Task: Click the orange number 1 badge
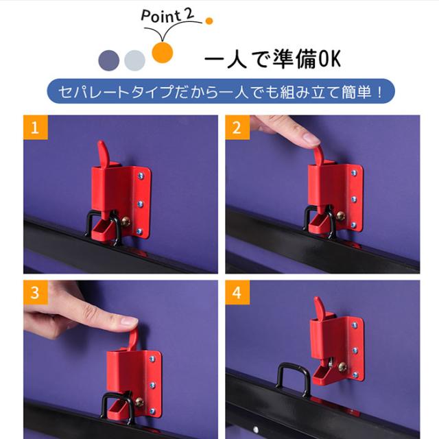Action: pyautogui.click(x=36, y=128)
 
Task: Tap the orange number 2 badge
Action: pyautogui.click(x=237, y=128)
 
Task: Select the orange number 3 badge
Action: pyautogui.click(x=36, y=292)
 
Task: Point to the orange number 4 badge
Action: pyautogui.click(x=237, y=292)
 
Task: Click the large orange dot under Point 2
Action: pyautogui.click(x=163, y=52)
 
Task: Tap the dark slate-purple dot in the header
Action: pyautogui.click(x=109, y=60)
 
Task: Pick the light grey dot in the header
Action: pyautogui.click(x=134, y=60)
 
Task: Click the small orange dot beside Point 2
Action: pyautogui.click(x=209, y=21)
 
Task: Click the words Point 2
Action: pyautogui.click(x=167, y=15)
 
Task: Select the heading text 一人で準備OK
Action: pyautogui.click(x=273, y=59)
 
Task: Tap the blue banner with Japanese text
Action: pyautogui.click(x=221, y=91)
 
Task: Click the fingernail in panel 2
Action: pyautogui.click(x=312, y=139)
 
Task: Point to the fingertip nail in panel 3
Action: pyautogui.click(x=129, y=321)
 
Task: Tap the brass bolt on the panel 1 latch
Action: pyautogui.click(x=125, y=222)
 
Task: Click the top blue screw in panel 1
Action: pyautogui.click(x=141, y=176)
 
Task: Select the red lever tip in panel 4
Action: pyautogui.click(x=318, y=303)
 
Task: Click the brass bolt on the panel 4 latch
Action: pyautogui.click(x=342, y=367)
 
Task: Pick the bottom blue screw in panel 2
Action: pyautogui.click(x=354, y=225)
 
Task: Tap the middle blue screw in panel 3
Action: pyautogui.click(x=152, y=385)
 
